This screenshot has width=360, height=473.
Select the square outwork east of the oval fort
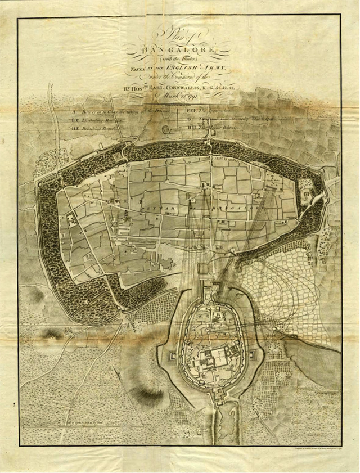pyautogui.click(x=255, y=355)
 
